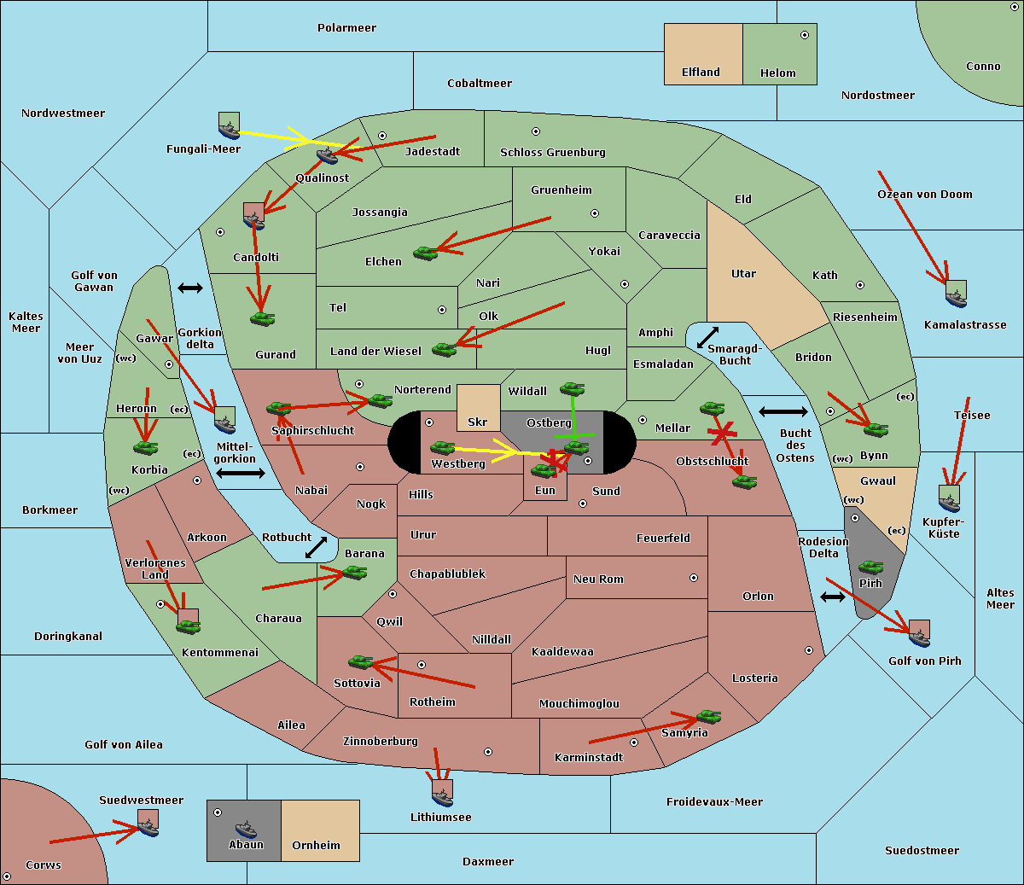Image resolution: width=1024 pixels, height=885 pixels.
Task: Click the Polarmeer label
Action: pyautogui.click(x=346, y=28)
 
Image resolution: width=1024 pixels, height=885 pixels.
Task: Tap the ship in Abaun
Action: pyautogui.click(x=247, y=829)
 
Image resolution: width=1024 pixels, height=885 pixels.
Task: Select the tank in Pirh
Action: pyautogui.click(x=870, y=567)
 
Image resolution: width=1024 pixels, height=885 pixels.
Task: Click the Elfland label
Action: pyautogui.click(x=701, y=73)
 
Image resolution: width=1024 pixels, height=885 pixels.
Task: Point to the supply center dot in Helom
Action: pyautogui.click(x=805, y=35)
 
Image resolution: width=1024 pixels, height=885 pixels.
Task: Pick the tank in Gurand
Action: pyautogui.click(x=262, y=318)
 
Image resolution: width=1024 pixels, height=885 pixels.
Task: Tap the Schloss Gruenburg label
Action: pyautogui.click(x=553, y=152)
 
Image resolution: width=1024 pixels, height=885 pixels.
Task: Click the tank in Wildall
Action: pyautogui.click(x=573, y=388)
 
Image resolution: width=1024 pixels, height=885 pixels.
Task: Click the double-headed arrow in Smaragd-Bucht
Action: pyautogui.click(x=707, y=337)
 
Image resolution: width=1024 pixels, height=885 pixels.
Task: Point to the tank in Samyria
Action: pyautogui.click(x=708, y=716)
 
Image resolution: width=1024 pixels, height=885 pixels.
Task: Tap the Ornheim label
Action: pyautogui.click(x=316, y=845)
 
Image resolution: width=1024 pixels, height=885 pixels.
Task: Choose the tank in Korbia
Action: pyautogui.click(x=146, y=448)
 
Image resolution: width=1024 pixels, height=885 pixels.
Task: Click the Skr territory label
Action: pyautogui.click(x=478, y=422)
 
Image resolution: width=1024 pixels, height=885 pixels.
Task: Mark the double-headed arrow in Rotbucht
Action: pyautogui.click(x=316, y=547)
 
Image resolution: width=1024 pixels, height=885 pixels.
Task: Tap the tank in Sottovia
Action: pyautogui.click(x=361, y=661)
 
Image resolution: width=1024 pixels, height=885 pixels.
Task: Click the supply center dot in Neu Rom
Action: pyautogui.click(x=694, y=578)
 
